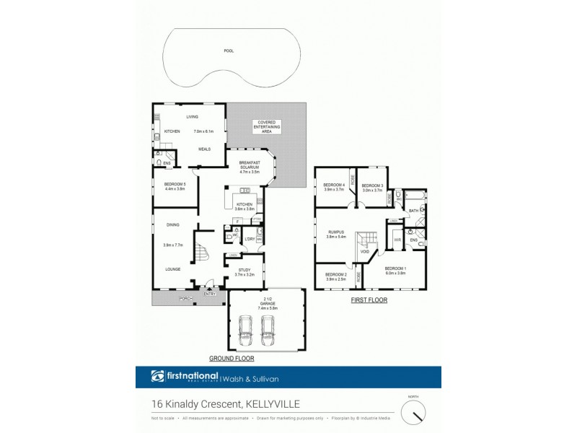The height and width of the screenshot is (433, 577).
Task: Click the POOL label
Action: [229, 51]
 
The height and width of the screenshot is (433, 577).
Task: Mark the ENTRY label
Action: [210, 294]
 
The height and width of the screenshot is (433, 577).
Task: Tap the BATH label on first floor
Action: [413, 211]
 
